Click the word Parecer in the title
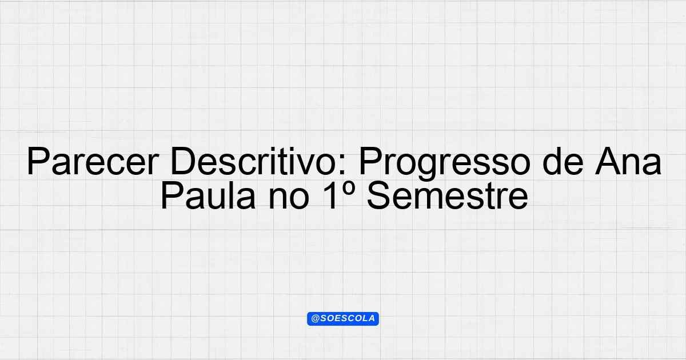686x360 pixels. coord(93,161)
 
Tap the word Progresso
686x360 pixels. coord(445,164)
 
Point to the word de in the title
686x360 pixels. coord(563,161)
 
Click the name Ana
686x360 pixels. coord(628,161)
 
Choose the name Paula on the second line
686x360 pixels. coord(208,195)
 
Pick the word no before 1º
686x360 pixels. coord(289,198)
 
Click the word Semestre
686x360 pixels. coord(448,195)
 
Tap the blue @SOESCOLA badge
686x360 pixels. coord(343,319)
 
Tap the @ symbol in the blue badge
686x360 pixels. coord(316,319)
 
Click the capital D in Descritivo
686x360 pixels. coord(183,161)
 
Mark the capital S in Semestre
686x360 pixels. coord(380,195)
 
